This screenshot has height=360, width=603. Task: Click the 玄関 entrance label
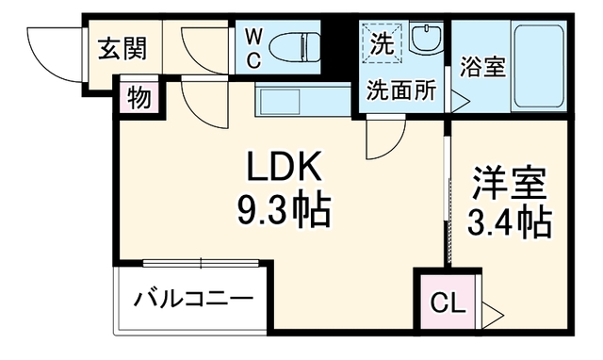point(122,49)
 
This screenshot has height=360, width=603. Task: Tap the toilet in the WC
point(295,47)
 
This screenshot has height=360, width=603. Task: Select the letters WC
point(253,48)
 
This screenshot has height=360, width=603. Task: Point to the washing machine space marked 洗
point(383,42)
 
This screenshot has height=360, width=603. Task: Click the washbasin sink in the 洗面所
point(426,38)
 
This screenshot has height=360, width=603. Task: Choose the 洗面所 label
point(401,90)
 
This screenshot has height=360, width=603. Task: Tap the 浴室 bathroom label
point(482,67)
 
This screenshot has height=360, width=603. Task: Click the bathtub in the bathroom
point(539,66)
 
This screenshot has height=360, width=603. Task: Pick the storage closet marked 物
point(139,97)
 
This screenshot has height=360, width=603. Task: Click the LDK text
point(284,166)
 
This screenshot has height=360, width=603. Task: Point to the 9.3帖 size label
point(284,210)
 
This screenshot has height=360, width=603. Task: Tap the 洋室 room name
point(509,183)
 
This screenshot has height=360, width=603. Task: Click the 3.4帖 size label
point(509,221)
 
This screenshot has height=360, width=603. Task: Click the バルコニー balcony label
point(193,299)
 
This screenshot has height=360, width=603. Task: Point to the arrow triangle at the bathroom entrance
point(460,102)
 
